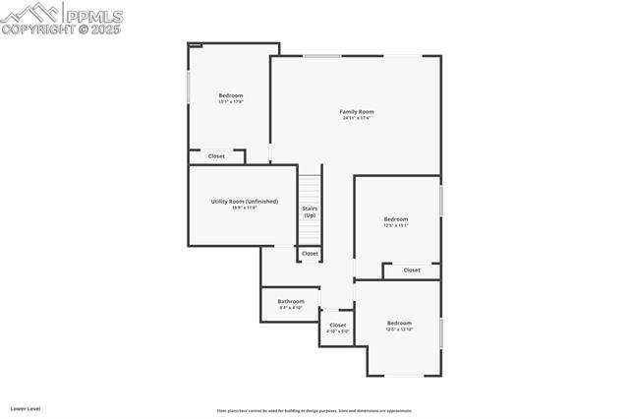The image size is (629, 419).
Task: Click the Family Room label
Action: (357, 111)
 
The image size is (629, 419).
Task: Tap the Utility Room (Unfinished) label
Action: (245, 201)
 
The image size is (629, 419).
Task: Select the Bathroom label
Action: (291, 301)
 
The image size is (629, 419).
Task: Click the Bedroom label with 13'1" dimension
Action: (231, 95)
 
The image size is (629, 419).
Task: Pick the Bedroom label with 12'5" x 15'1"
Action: (396, 218)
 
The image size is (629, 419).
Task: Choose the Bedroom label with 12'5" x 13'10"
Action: (399, 323)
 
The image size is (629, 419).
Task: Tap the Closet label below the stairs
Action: (310, 254)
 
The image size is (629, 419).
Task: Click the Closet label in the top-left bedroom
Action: (216, 155)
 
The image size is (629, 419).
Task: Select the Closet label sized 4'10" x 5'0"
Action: (338, 325)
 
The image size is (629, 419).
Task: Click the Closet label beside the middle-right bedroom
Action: (412, 269)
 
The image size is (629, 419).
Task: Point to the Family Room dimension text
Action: (357, 118)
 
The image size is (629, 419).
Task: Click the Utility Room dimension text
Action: (244, 208)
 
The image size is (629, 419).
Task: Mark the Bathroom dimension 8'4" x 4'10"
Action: (291, 308)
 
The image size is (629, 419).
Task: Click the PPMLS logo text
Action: (93, 15)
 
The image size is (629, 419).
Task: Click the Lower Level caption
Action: (26, 407)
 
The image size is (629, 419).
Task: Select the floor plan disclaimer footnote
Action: (314, 411)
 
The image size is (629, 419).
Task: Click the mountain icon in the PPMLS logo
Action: (30, 13)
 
